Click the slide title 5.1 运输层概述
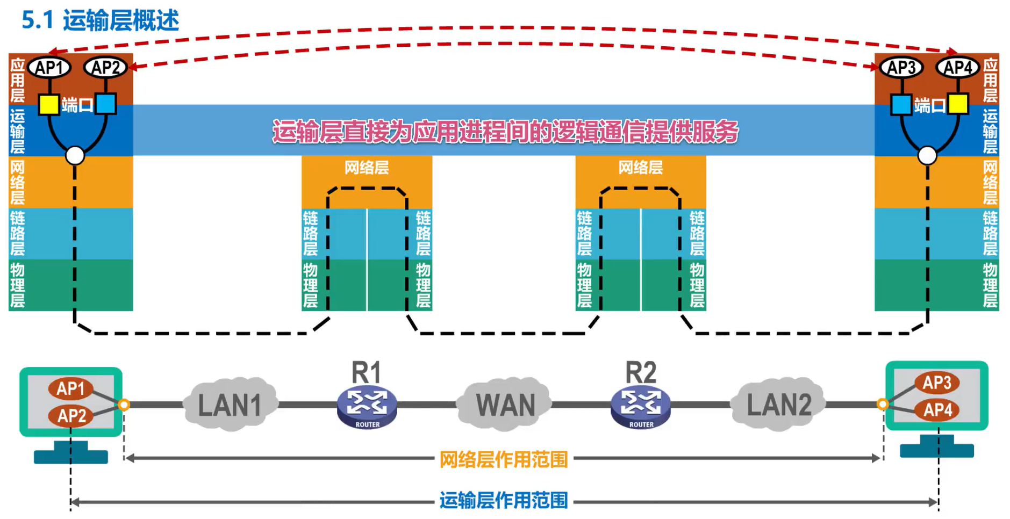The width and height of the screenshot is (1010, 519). click(100, 20)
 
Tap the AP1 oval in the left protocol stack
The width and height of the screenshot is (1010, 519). click(49, 68)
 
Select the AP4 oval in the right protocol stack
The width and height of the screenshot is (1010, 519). click(958, 68)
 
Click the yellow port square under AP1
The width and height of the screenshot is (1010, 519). click(49, 104)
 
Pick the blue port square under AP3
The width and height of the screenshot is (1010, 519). click(901, 104)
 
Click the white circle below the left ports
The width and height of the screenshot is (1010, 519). click(75, 156)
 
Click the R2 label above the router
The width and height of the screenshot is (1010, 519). click(641, 372)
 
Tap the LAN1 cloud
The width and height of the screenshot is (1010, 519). click(230, 405)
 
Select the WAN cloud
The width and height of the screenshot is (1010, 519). click(505, 405)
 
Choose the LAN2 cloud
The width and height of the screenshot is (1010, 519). click(779, 405)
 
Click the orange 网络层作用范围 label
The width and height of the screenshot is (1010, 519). click(504, 459)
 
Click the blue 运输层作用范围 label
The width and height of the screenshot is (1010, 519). click(504, 500)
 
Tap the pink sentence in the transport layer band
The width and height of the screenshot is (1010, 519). click(505, 131)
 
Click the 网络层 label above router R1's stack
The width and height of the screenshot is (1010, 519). click(367, 168)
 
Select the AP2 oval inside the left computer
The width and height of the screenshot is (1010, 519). click(71, 415)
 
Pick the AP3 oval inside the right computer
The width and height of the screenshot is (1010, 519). click(936, 383)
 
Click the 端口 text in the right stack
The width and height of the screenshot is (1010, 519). click(929, 105)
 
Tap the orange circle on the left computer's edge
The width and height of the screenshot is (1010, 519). click(124, 405)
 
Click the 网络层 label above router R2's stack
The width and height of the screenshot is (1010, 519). click(640, 168)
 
